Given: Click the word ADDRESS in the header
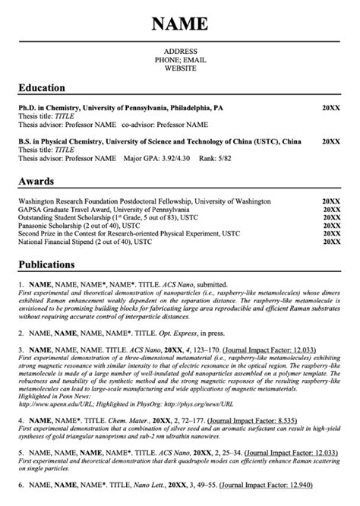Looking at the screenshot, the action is coord(180,52).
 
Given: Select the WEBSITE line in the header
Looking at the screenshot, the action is coord(180,68).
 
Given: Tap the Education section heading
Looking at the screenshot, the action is coord(42,87).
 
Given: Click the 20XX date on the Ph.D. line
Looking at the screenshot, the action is coord(331,109).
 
